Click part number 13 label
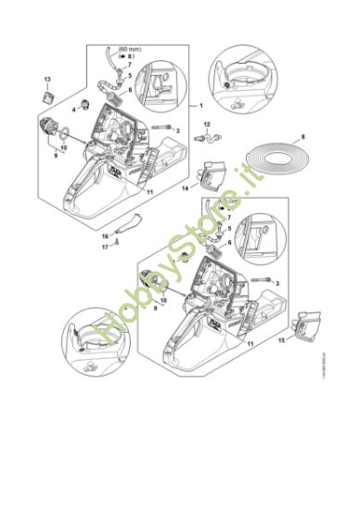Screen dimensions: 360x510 (48, 80)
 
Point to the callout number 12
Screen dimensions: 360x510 (207, 123)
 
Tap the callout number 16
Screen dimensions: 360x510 (105, 236)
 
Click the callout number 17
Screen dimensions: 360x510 (105, 247)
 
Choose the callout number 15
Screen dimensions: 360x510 (282, 340)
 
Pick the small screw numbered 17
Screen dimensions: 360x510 (118, 247)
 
